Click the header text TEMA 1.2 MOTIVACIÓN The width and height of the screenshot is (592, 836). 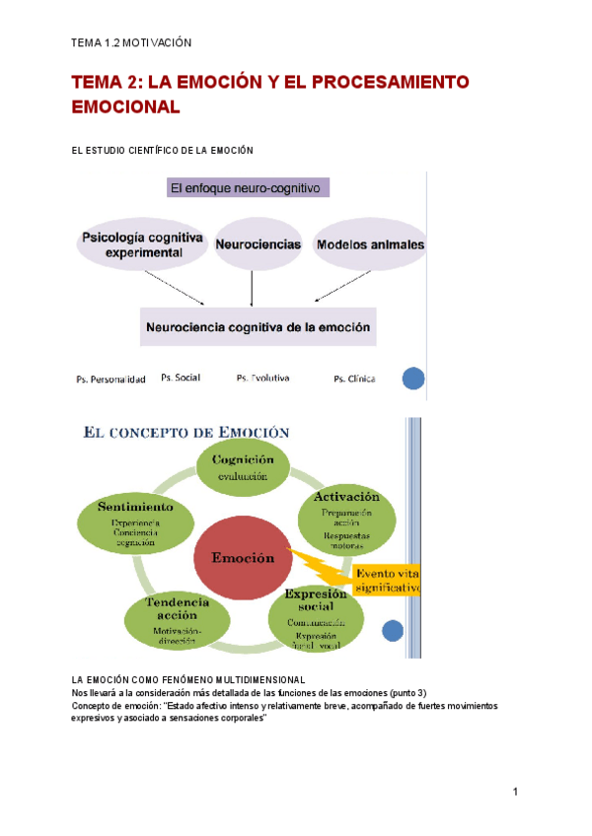pyautogui.click(x=131, y=43)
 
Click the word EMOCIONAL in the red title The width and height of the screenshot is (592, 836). pyautogui.click(x=126, y=106)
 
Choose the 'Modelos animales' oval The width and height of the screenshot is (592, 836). pyautogui.click(x=370, y=244)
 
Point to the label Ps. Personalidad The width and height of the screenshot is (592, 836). pyautogui.click(x=111, y=379)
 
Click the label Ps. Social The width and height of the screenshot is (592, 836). pyautogui.click(x=181, y=378)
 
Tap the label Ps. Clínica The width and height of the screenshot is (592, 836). pyautogui.click(x=354, y=379)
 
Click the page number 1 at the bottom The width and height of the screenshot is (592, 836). pyautogui.click(x=515, y=792)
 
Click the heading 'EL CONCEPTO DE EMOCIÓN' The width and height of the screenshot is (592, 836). pyautogui.click(x=186, y=432)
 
